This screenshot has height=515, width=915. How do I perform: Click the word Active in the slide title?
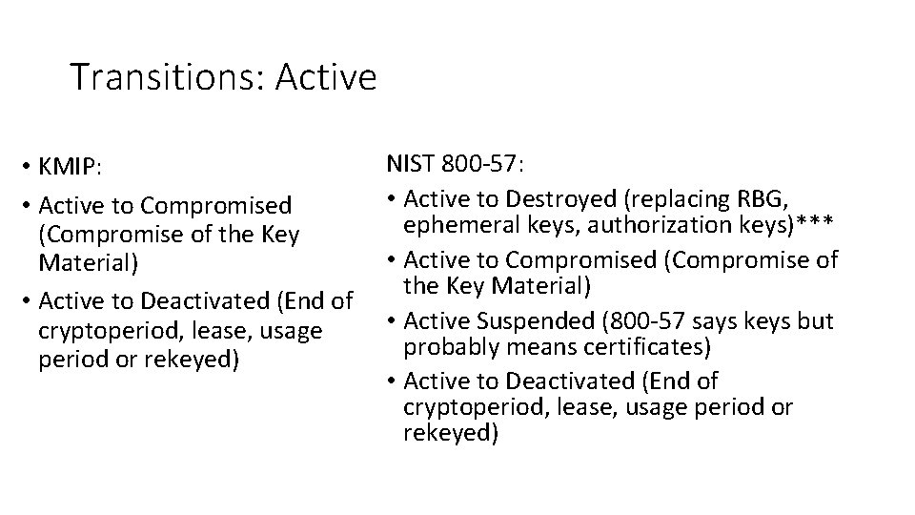coord(326,77)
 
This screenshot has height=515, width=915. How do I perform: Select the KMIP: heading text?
coord(69,167)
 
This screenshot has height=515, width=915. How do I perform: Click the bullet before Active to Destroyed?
coord(393,198)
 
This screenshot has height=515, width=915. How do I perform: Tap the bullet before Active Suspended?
coord(393,320)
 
